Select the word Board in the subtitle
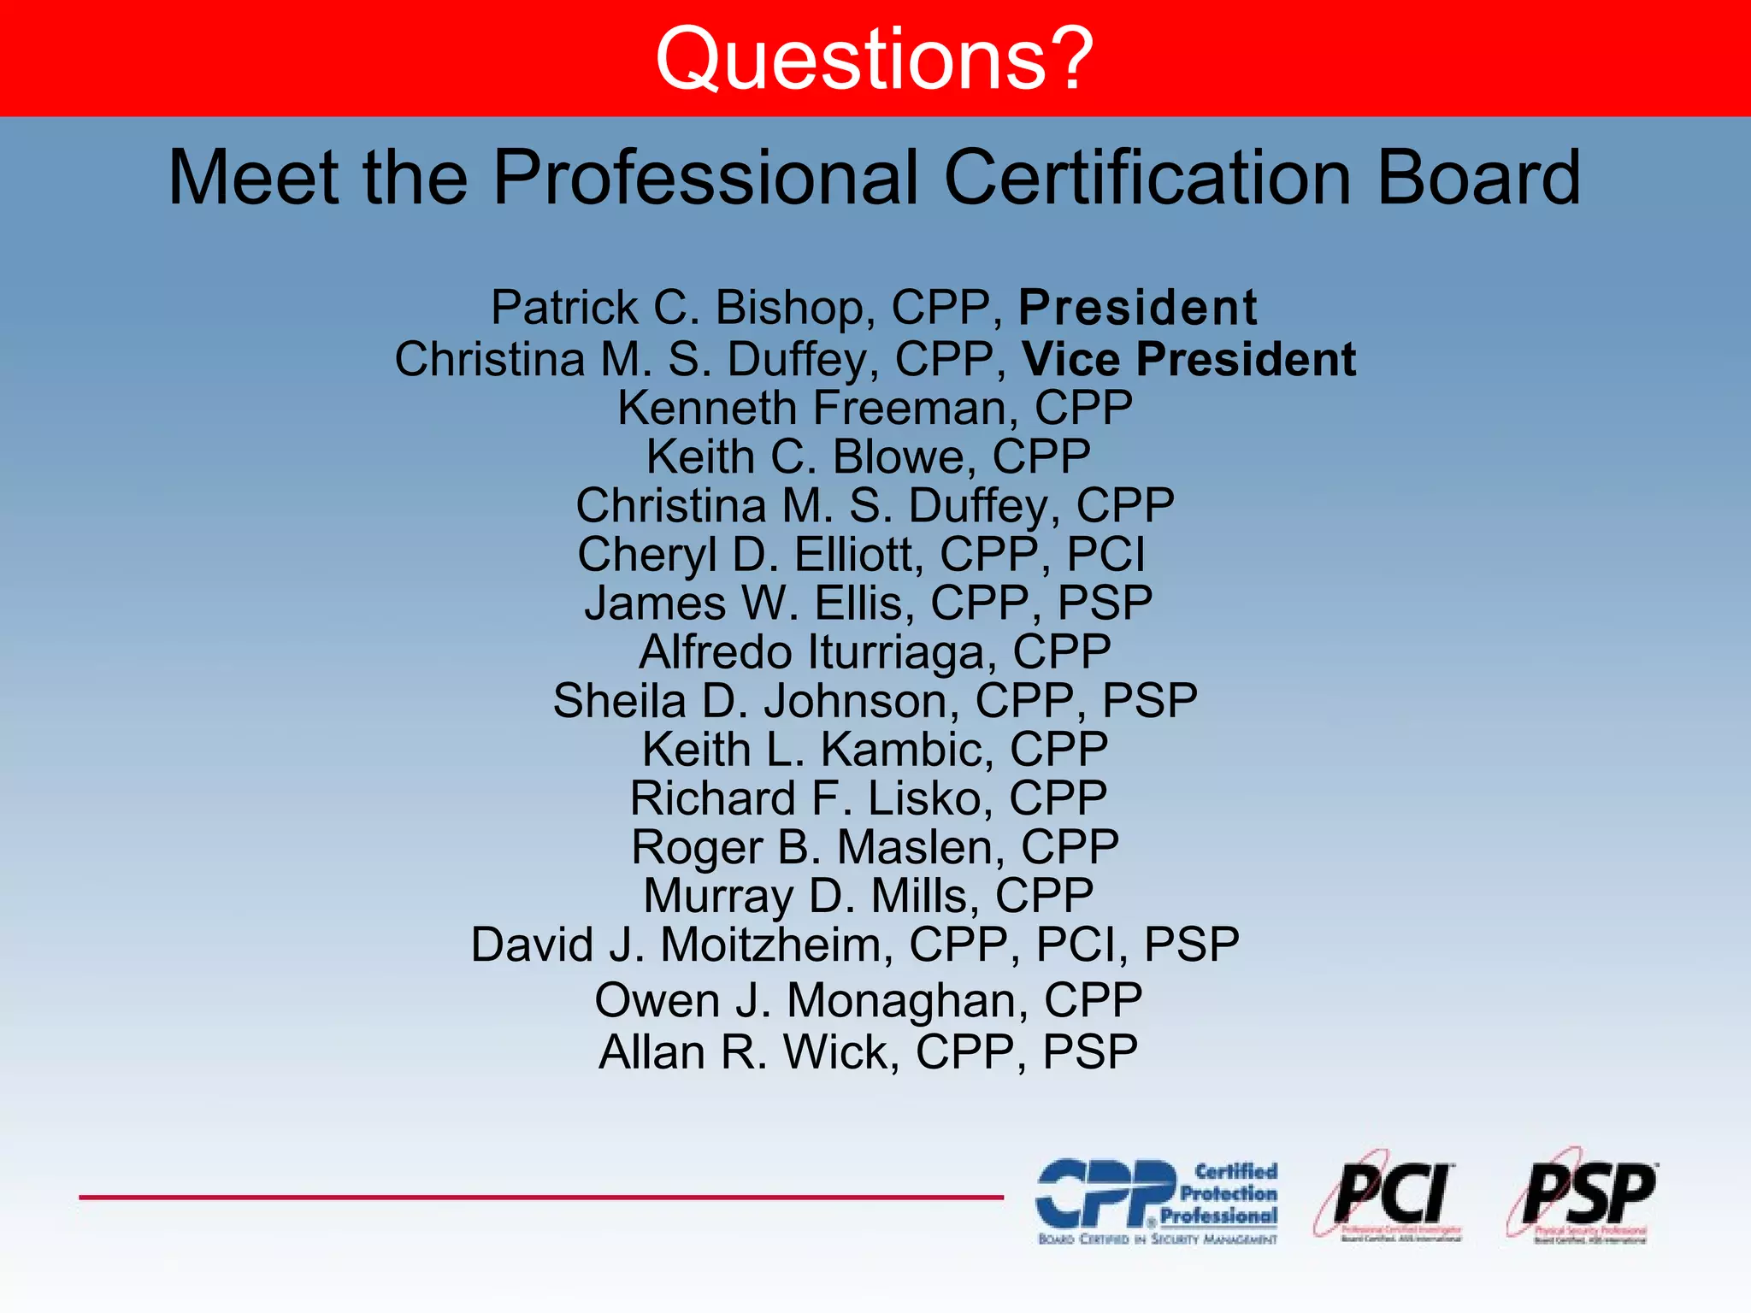click(1479, 177)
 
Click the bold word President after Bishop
click(1137, 308)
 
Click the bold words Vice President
click(1188, 359)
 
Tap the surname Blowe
click(904, 456)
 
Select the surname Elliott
click(858, 555)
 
